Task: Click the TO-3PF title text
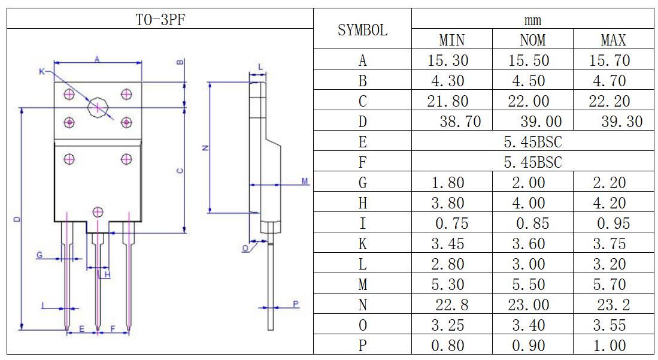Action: coord(159,19)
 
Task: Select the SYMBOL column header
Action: coord(362,30)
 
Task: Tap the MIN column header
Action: coord(451,40)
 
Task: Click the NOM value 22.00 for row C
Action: coord(532,101)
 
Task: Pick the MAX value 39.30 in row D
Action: coord(621,122)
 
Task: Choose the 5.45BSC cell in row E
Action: coord(532,142)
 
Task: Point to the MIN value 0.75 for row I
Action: coord(451,223)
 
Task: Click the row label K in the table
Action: coord(362,244)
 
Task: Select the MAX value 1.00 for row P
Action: coord(613,346)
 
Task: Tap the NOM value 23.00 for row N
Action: coord(532,305)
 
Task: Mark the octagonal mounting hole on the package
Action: coord(98,108)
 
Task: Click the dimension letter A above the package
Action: coord(97,58)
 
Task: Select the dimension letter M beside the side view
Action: coord(304,181)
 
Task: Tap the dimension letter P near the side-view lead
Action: coord(296,304)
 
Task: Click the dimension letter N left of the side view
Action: coord(205,147)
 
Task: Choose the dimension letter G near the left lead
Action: coord(40,255)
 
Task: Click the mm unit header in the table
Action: coord(532,20)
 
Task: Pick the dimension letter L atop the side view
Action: coord(260,66)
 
